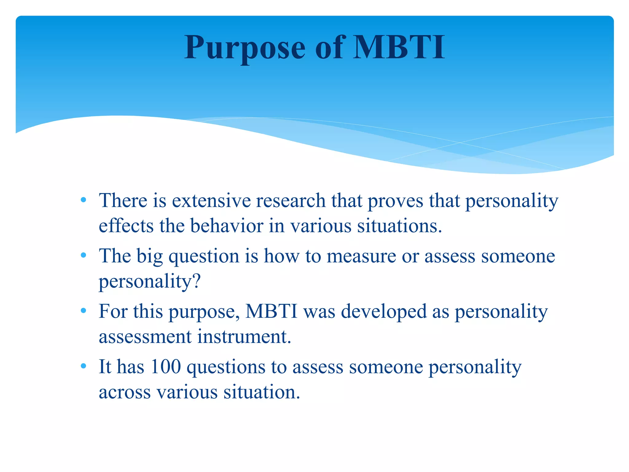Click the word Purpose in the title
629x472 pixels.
tap(245, 48)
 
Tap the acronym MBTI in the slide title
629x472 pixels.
tap(399, 48)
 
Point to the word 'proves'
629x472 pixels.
tap(395, 201)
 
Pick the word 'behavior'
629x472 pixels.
tap(226, 226)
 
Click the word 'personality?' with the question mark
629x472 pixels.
tap(150, 281)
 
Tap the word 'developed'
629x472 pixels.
tap(384, 312)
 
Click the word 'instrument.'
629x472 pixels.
tap(244, 336)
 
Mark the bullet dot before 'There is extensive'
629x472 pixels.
tap(83, 200)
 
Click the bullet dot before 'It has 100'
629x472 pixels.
tap(83, 366)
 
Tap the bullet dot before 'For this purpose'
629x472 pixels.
tap(83, 311)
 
